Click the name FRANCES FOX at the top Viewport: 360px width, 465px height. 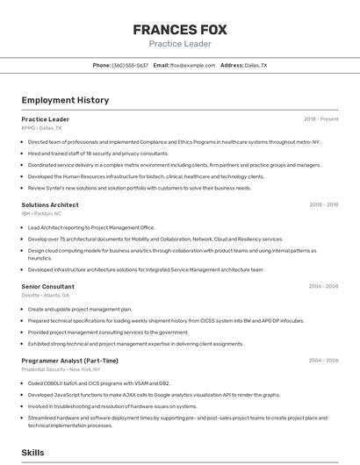tap(180, 30)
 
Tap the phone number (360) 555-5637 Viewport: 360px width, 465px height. tap(130, 66)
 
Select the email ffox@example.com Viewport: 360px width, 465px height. tap(192, 66)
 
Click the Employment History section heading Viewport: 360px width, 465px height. tap(65, 100)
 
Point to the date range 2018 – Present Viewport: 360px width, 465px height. tap(320, 119)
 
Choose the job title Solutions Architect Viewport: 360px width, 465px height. tap(50, 205)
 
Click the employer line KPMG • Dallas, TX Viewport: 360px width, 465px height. tap(42, 128)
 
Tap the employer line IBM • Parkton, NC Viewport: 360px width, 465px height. tap(41, 213)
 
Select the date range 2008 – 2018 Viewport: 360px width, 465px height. tap(323, 205)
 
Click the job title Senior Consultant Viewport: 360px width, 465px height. tap(48, 286)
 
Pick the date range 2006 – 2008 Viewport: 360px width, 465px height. tap(323, 286)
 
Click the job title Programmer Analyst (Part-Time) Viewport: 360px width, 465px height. tap(70, 361)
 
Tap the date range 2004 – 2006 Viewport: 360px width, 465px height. tap(323, 361)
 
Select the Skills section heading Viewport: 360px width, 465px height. tap(33, 453)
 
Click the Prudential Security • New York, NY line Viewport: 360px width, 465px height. tap(57, 369)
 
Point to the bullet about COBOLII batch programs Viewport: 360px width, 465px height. tap(98, 383)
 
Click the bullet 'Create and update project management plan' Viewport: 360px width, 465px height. tap(80, 310)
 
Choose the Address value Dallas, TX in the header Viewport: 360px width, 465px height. tap(256, 66)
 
